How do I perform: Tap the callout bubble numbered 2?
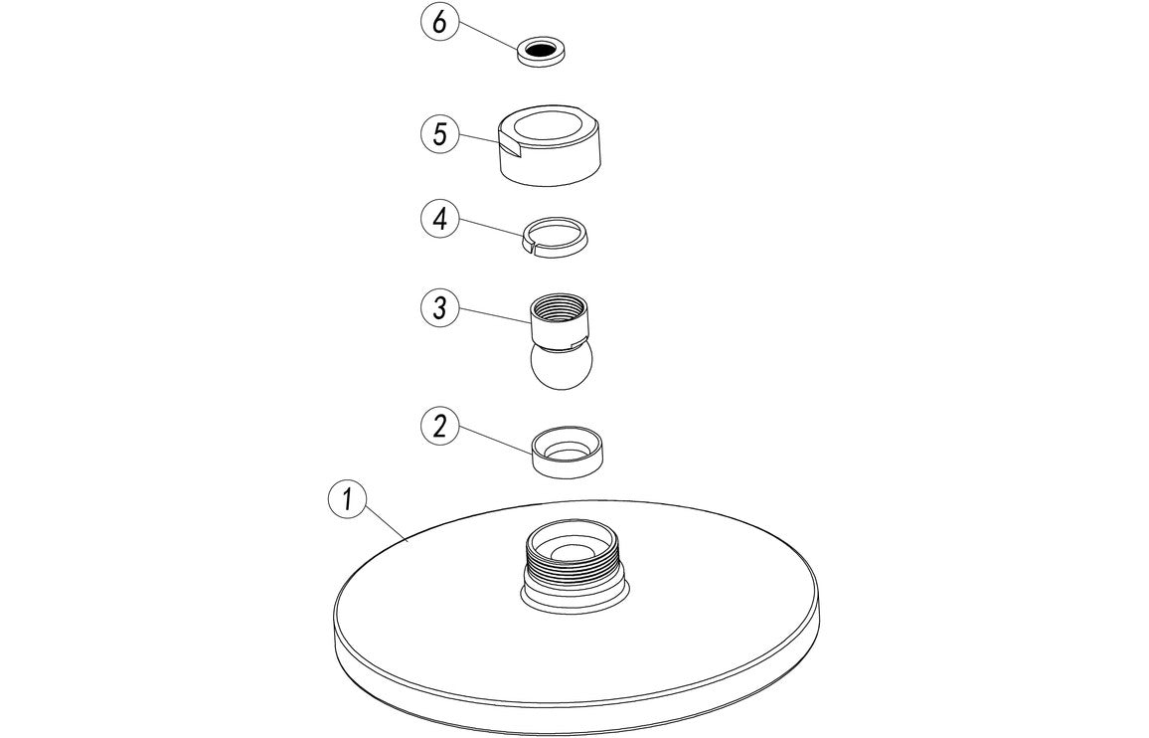point(439,426)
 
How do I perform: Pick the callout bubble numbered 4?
point(439,219)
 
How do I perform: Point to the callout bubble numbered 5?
point(439,134)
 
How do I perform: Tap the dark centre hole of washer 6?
point(542,48)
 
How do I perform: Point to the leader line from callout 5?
point(477,139)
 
